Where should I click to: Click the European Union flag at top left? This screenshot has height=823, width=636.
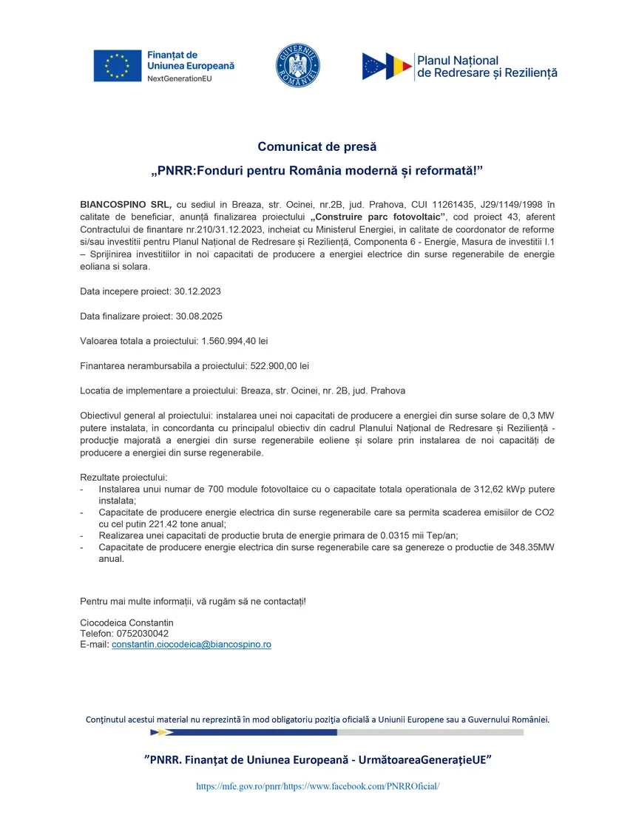(118, 66)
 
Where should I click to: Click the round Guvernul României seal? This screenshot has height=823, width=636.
(298, 66)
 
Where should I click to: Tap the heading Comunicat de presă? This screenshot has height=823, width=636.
(317, 147)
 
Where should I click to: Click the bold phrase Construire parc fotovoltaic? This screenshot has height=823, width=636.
(379, 216)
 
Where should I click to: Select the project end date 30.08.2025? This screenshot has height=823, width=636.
(199, 316)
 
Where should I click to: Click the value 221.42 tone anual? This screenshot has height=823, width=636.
(172, 524)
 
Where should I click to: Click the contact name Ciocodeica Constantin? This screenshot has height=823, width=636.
(126, 623)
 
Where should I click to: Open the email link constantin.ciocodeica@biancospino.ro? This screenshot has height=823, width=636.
(191, 645)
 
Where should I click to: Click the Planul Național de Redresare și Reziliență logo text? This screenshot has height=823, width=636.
(487, 67)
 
